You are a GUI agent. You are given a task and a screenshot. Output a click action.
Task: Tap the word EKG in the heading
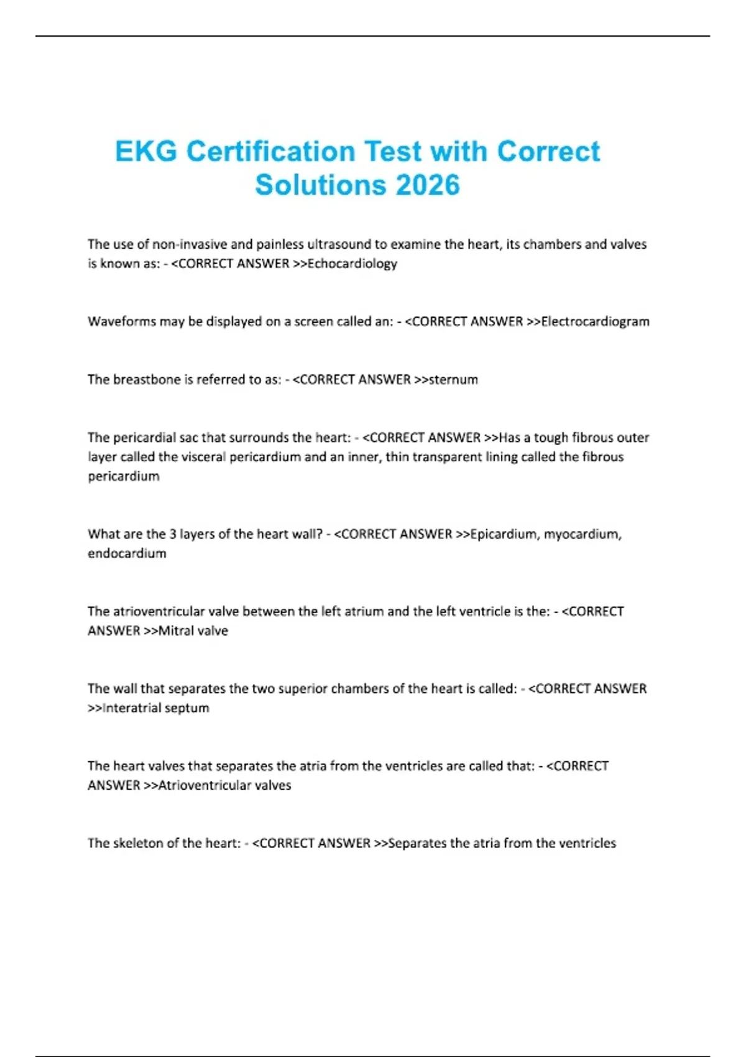tap(146, 151)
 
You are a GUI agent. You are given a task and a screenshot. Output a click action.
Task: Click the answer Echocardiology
tap(352, 264)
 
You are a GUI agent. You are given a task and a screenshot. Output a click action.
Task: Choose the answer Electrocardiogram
tap(595, 321)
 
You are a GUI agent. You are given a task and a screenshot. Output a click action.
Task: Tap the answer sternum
tap(453, 379)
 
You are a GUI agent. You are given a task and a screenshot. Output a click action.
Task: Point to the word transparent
tap(449, 457)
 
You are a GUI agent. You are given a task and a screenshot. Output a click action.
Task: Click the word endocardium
tap(127, 553)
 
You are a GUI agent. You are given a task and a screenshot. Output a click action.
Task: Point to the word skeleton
tap(139, 843)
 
